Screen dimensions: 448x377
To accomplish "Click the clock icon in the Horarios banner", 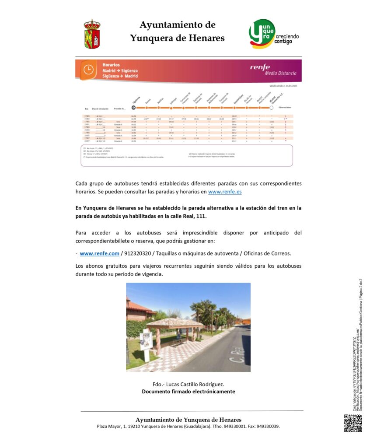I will [x=88, y=70].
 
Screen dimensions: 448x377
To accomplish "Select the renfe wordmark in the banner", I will [x=260, y=67].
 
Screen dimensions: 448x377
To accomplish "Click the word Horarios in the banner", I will [x=111, y=65].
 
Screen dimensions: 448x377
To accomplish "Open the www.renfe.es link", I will [x=225, y=192].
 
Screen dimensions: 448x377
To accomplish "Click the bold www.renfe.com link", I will [x=99, y=253].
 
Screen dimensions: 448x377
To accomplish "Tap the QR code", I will [x=353, y=423].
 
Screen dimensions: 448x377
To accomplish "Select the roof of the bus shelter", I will [x=174, y=323].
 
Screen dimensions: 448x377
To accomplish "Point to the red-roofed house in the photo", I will [x=138, y=310].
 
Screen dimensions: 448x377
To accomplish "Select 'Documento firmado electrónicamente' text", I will [x=188, y=391].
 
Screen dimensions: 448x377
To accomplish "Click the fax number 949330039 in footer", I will [x=268, y=426].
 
